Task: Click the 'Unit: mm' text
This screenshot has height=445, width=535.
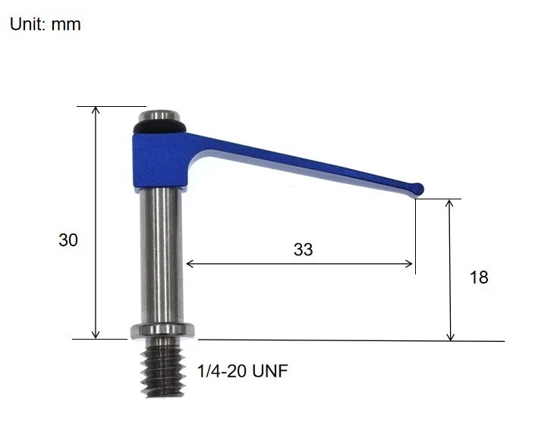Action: click(x=45, y=24)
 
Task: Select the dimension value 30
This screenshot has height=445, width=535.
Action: click(x=68, y=240)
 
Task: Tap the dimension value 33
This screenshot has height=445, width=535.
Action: click(x=303, y=249)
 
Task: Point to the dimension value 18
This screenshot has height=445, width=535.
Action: click(x=479, y=277)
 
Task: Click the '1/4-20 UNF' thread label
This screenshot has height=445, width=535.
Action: click(x=242, y=371)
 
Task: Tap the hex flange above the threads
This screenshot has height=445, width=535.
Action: click(x=163, y=330)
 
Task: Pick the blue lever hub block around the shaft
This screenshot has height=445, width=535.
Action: click(x=161, y=160)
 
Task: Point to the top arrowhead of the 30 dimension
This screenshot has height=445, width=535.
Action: click(x=96, y=111)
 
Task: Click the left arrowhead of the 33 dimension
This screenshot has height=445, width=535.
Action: click(x=190, y=264)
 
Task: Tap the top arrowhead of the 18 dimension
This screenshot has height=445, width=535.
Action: click(x=451, y=204)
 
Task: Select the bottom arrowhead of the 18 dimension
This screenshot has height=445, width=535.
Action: click(x=451, y=337)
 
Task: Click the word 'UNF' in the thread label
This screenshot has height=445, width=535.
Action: click(x=271, y=371)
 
